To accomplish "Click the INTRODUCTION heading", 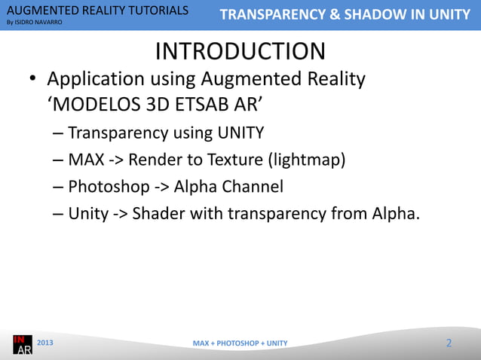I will click(240, 51).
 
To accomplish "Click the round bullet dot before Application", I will click(34, 80).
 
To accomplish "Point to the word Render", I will click(155, 160).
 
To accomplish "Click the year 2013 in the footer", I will click(46, 343).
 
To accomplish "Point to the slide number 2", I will click(449, 343).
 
